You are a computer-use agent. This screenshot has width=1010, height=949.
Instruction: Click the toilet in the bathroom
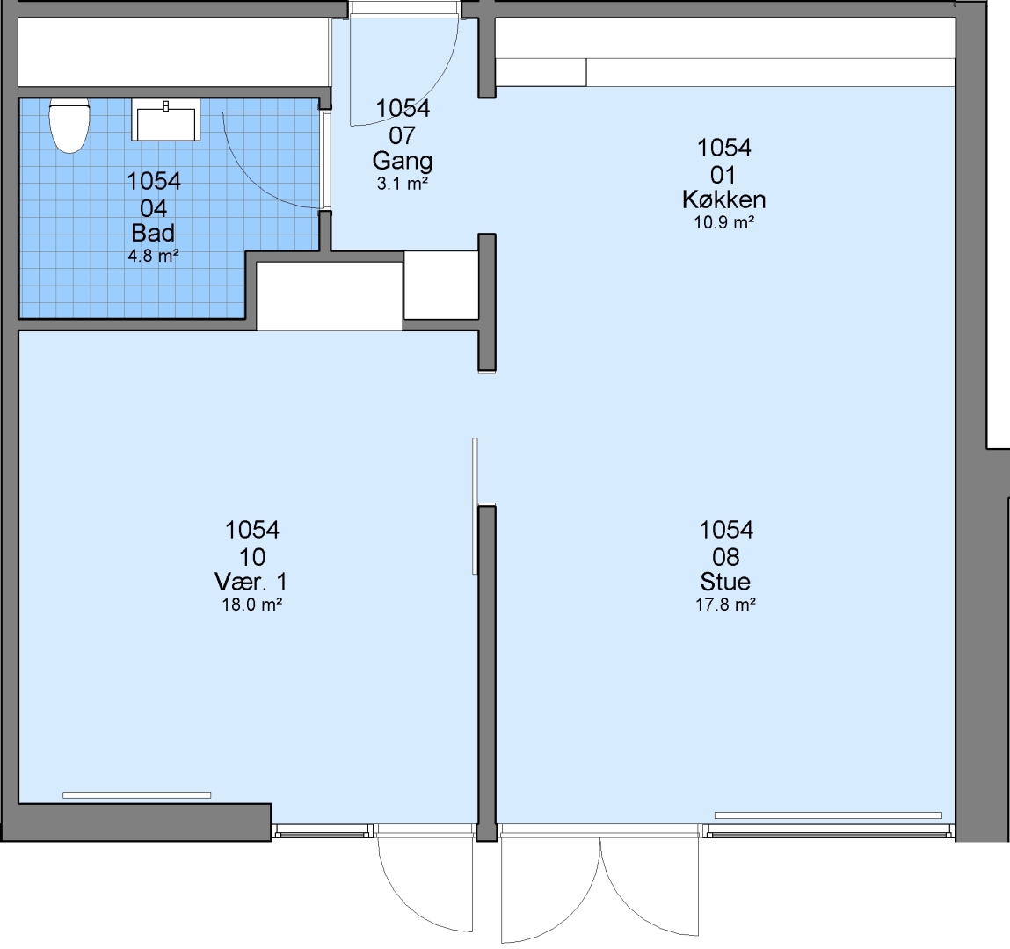point(69,126)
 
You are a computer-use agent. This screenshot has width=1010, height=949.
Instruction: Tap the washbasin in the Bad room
point(165,120)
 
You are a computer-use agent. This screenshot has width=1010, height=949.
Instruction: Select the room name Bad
point(153,233)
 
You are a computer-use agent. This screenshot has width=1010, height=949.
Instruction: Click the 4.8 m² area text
point(153,256)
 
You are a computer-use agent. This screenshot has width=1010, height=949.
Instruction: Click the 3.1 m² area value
point(403,184)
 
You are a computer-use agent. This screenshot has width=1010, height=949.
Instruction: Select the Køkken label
point(724,199)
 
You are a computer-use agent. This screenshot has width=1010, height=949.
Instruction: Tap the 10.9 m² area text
point(724,223)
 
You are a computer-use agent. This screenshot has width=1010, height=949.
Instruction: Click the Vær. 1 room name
point(251,582)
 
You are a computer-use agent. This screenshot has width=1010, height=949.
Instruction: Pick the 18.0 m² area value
point(252,605)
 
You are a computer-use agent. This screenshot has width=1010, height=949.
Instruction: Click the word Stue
point(725,582)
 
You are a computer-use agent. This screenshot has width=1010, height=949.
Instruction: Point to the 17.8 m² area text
point(725,605)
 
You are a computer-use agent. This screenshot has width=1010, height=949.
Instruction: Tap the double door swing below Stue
point(599,888)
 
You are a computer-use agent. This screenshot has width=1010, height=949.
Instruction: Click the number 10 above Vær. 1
point(252,557)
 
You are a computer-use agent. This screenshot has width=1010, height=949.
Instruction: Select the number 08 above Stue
point(725,557)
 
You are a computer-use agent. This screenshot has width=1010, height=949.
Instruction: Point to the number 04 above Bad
point(153,208)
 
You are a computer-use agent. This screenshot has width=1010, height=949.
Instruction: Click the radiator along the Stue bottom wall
point(828,815)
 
